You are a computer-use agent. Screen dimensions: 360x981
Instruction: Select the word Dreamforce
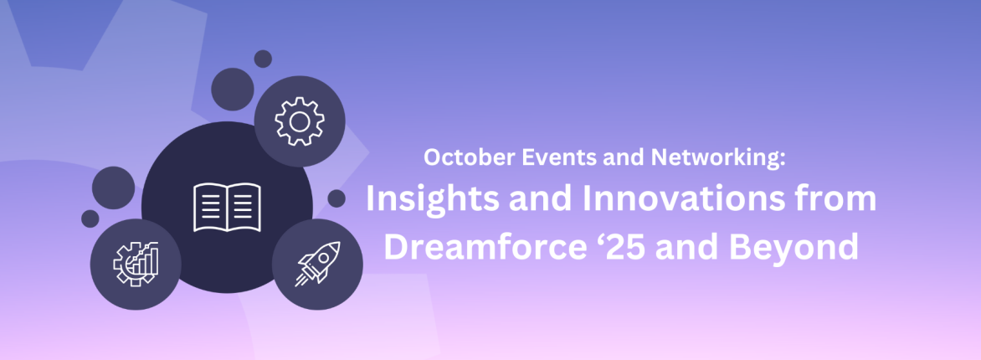[x=479, y=246]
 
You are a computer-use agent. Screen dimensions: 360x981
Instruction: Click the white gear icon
[x=299, y=122]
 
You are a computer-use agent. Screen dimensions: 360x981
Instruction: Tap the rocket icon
[x=317, y=264]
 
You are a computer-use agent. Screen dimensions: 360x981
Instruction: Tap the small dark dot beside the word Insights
[x=336, y=198]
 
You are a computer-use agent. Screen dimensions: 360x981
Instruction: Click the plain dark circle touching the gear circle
[x=233, y=87]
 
